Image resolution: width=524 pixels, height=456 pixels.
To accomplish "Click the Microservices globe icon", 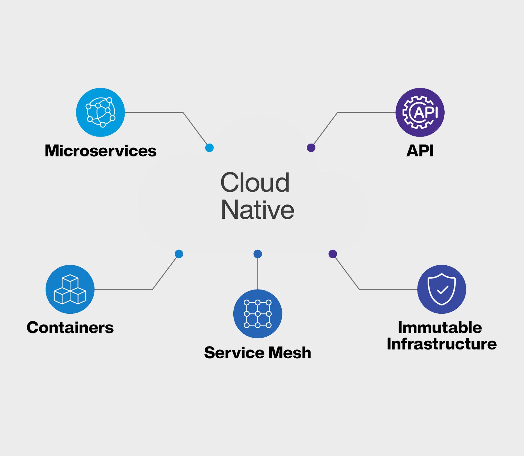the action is (100, 112).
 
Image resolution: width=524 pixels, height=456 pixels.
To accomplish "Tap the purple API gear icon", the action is (420, 112).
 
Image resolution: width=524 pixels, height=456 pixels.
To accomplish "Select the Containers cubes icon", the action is (70, 289).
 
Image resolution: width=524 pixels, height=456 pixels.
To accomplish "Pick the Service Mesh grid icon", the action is (258, 314).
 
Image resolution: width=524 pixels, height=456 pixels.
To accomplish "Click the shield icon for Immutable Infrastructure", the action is (442, 289).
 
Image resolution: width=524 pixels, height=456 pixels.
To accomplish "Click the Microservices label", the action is (101, 151).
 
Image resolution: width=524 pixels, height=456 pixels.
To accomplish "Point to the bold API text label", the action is (420, 151).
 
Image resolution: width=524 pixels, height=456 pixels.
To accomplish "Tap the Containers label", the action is (70, 327).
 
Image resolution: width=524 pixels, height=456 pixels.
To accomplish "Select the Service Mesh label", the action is (258, 353).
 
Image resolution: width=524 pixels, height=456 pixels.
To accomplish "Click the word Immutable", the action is (440, 327).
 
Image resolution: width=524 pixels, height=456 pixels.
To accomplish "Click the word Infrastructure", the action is (442, 344).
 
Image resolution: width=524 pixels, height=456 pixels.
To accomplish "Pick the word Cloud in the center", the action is (255, 182).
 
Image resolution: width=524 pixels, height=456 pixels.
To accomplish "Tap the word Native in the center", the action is (257, 210).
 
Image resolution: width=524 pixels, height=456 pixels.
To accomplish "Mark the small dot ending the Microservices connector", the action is (209, 148).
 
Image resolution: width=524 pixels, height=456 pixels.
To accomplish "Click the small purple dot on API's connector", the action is (311, 148).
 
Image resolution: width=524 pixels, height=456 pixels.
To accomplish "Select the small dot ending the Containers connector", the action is (179, 254).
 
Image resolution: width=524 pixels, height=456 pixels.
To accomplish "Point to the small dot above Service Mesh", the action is (258, 254).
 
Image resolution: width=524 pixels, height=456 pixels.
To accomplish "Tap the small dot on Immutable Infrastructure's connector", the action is (333, 254).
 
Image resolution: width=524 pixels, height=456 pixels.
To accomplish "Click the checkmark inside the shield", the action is (442, 290).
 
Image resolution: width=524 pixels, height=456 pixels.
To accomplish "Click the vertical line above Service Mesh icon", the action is (258, 274).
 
